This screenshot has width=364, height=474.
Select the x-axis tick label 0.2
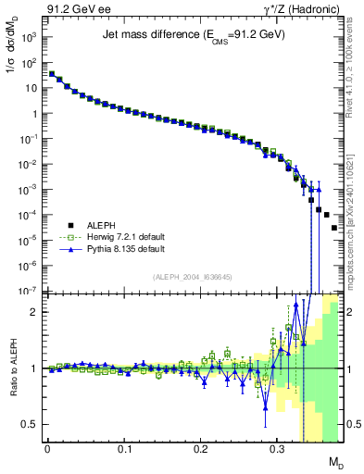tap(200, 447)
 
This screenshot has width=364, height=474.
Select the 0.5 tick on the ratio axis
tap(31, 424)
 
